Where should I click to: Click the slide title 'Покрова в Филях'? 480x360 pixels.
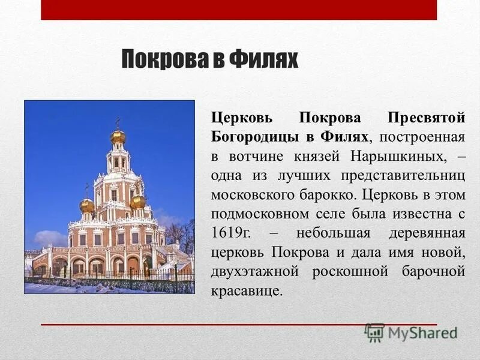pos(210,60)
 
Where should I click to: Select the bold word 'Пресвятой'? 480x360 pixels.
pos(426,117)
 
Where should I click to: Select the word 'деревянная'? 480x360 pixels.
pos(427,233)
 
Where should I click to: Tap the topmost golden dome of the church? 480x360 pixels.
pos(118,137)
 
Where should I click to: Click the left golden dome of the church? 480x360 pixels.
pos(87,205)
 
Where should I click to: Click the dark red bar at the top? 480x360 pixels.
pos(239,10)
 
